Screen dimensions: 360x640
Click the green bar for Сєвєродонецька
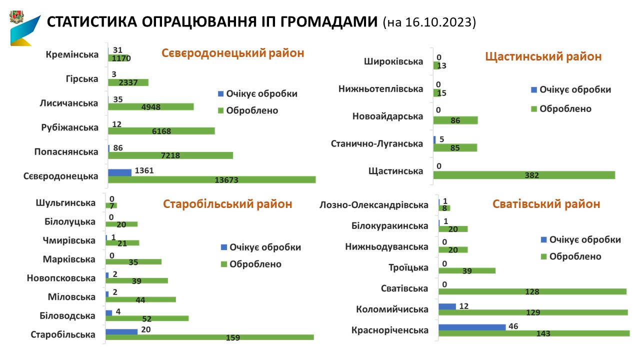(x=211, y=179)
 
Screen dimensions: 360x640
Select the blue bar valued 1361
(x=120, y=172)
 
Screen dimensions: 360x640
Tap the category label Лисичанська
(x=69, y=103)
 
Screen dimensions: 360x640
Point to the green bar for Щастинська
(x=524, y=175)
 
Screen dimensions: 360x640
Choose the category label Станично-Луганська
(x=377, y=144)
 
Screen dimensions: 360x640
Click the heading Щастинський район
(x=543, y=56)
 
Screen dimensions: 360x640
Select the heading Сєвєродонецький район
(x=232, y=53)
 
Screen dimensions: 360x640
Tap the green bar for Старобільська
(x=209, y=337)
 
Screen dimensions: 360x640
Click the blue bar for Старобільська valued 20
(x=121, y=331)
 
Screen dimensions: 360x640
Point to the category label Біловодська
(x=67, y=315)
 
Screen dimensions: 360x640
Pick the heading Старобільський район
(x=228, y=204)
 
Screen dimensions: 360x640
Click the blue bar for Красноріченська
(x=472, y=327)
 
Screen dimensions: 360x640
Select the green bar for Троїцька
(x=467, y=270)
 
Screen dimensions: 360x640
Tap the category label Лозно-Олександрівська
(x=374, y=205)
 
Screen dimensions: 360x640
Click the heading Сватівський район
(x=546, y=204)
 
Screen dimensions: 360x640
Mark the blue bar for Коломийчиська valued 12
(x=447, y=306)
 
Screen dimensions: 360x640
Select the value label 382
(x=524, y=175)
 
